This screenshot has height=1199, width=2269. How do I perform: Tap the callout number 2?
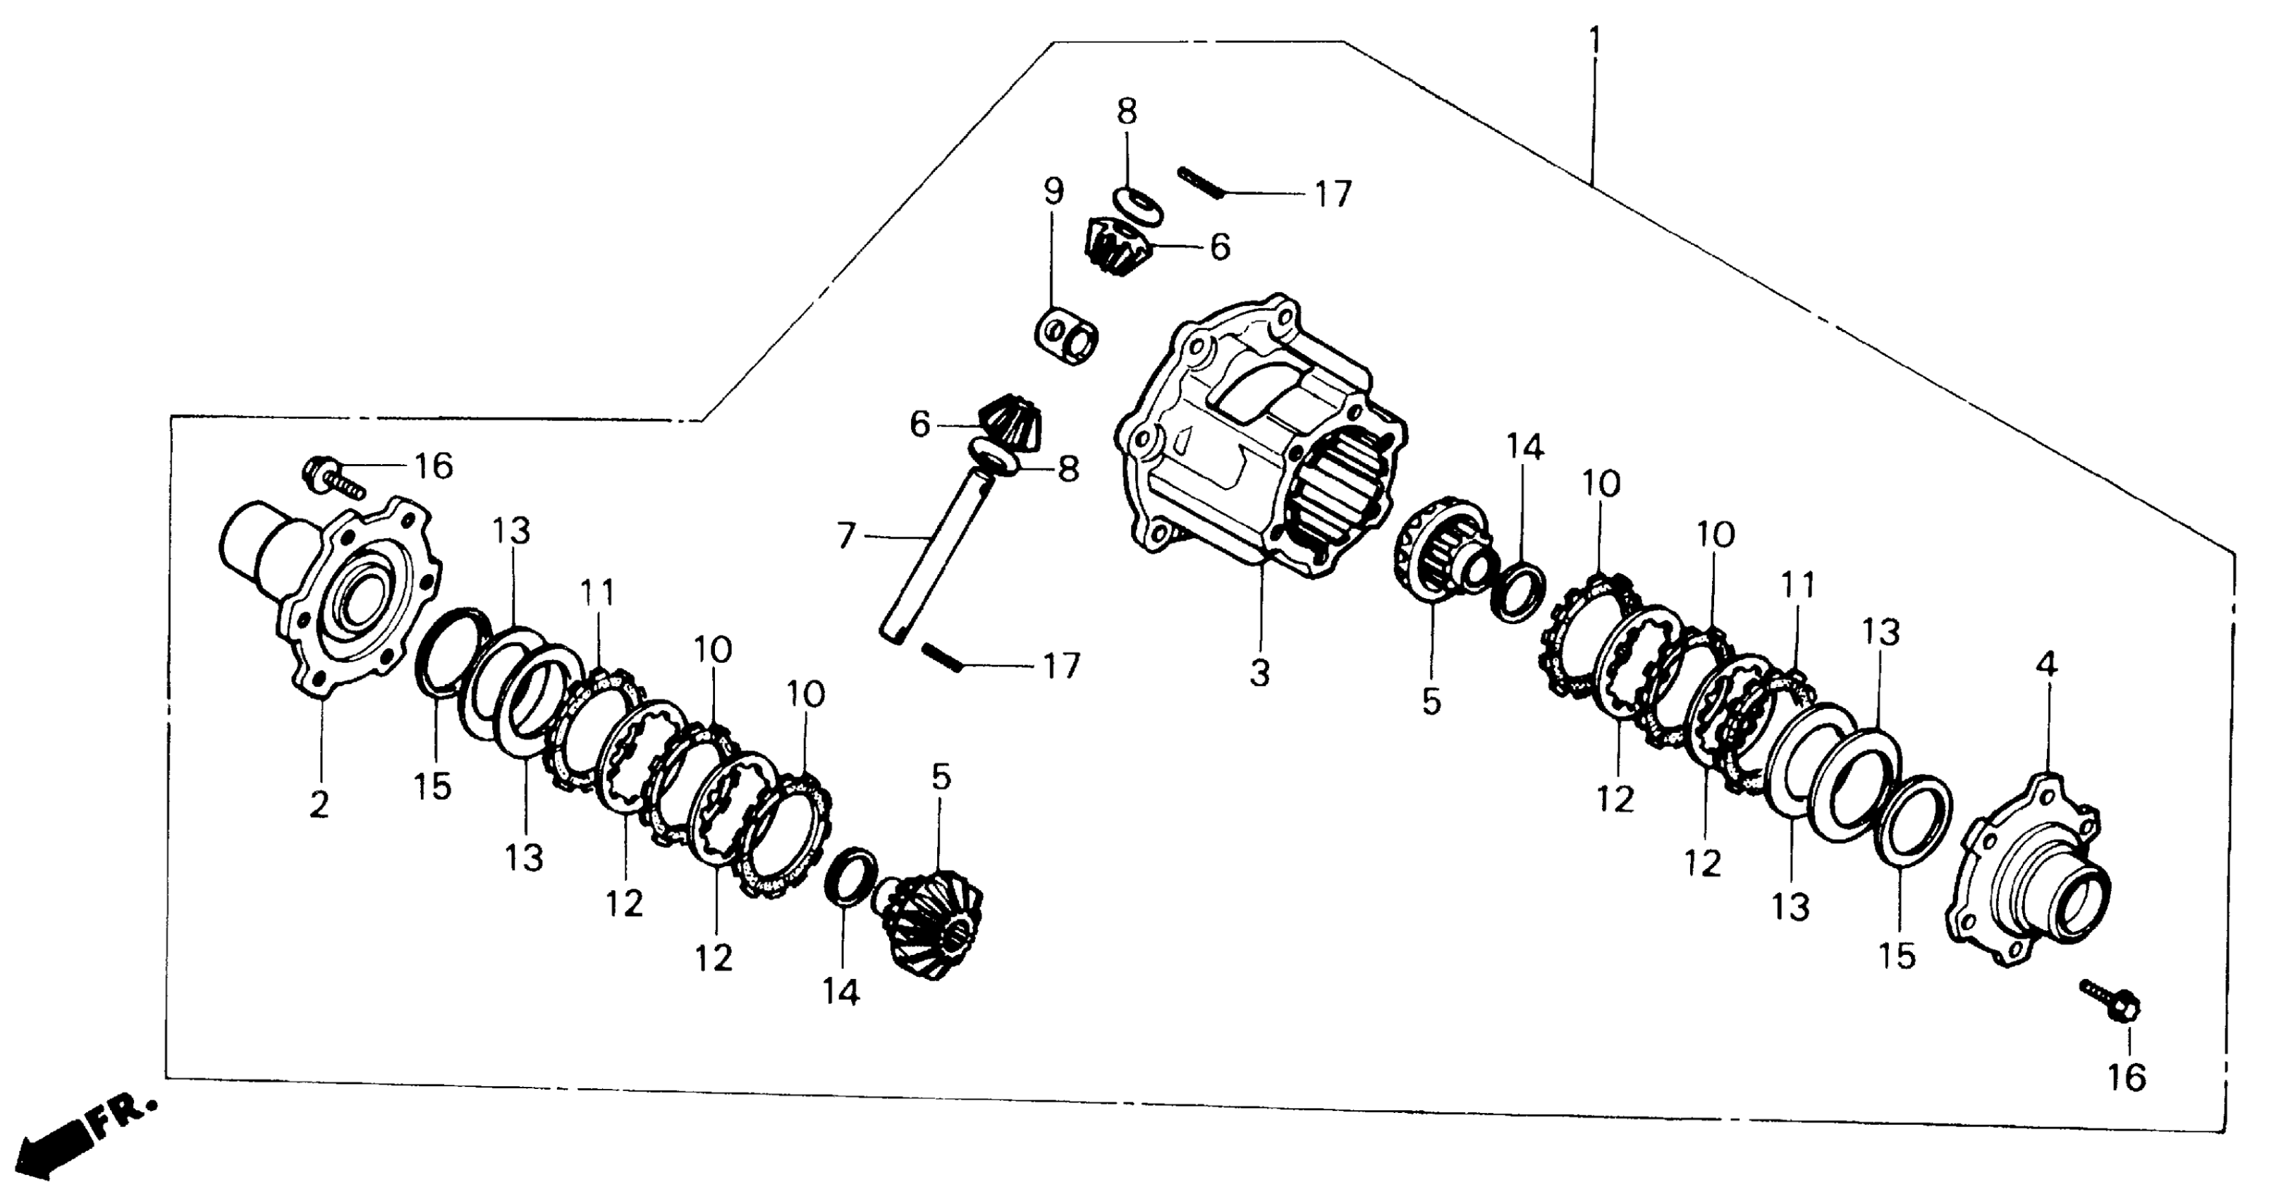(319, 803)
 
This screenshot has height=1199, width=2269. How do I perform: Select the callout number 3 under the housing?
(1259, 674)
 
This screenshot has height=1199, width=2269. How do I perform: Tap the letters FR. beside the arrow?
(123, 1116)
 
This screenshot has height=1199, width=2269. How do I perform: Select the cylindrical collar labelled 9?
(1067, 336)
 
